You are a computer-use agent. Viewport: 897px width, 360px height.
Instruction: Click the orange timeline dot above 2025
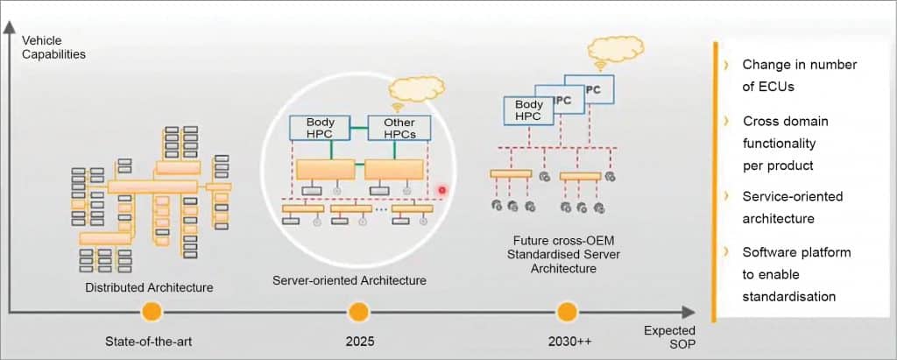point(357,311)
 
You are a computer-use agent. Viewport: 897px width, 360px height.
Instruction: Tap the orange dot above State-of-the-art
point(152,311)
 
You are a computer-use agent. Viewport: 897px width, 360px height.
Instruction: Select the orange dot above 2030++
point(567,311)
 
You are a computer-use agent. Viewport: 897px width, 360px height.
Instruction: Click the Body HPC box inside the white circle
point(314,128)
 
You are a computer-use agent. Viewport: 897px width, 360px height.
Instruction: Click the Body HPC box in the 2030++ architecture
point(528,109)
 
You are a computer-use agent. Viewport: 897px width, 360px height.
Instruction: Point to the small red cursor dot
point(441,190)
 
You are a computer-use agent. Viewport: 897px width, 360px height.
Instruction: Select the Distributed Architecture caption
point(149,287)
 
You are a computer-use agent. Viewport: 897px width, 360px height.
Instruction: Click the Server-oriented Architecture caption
point(350,280)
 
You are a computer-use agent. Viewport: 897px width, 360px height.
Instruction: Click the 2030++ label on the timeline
point(566,340)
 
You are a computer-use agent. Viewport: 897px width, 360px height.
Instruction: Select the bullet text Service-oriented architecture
point(792,208)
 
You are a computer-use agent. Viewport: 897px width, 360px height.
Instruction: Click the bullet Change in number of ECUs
point(799,76)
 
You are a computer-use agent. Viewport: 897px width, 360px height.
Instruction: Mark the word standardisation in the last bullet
point(788,296)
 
